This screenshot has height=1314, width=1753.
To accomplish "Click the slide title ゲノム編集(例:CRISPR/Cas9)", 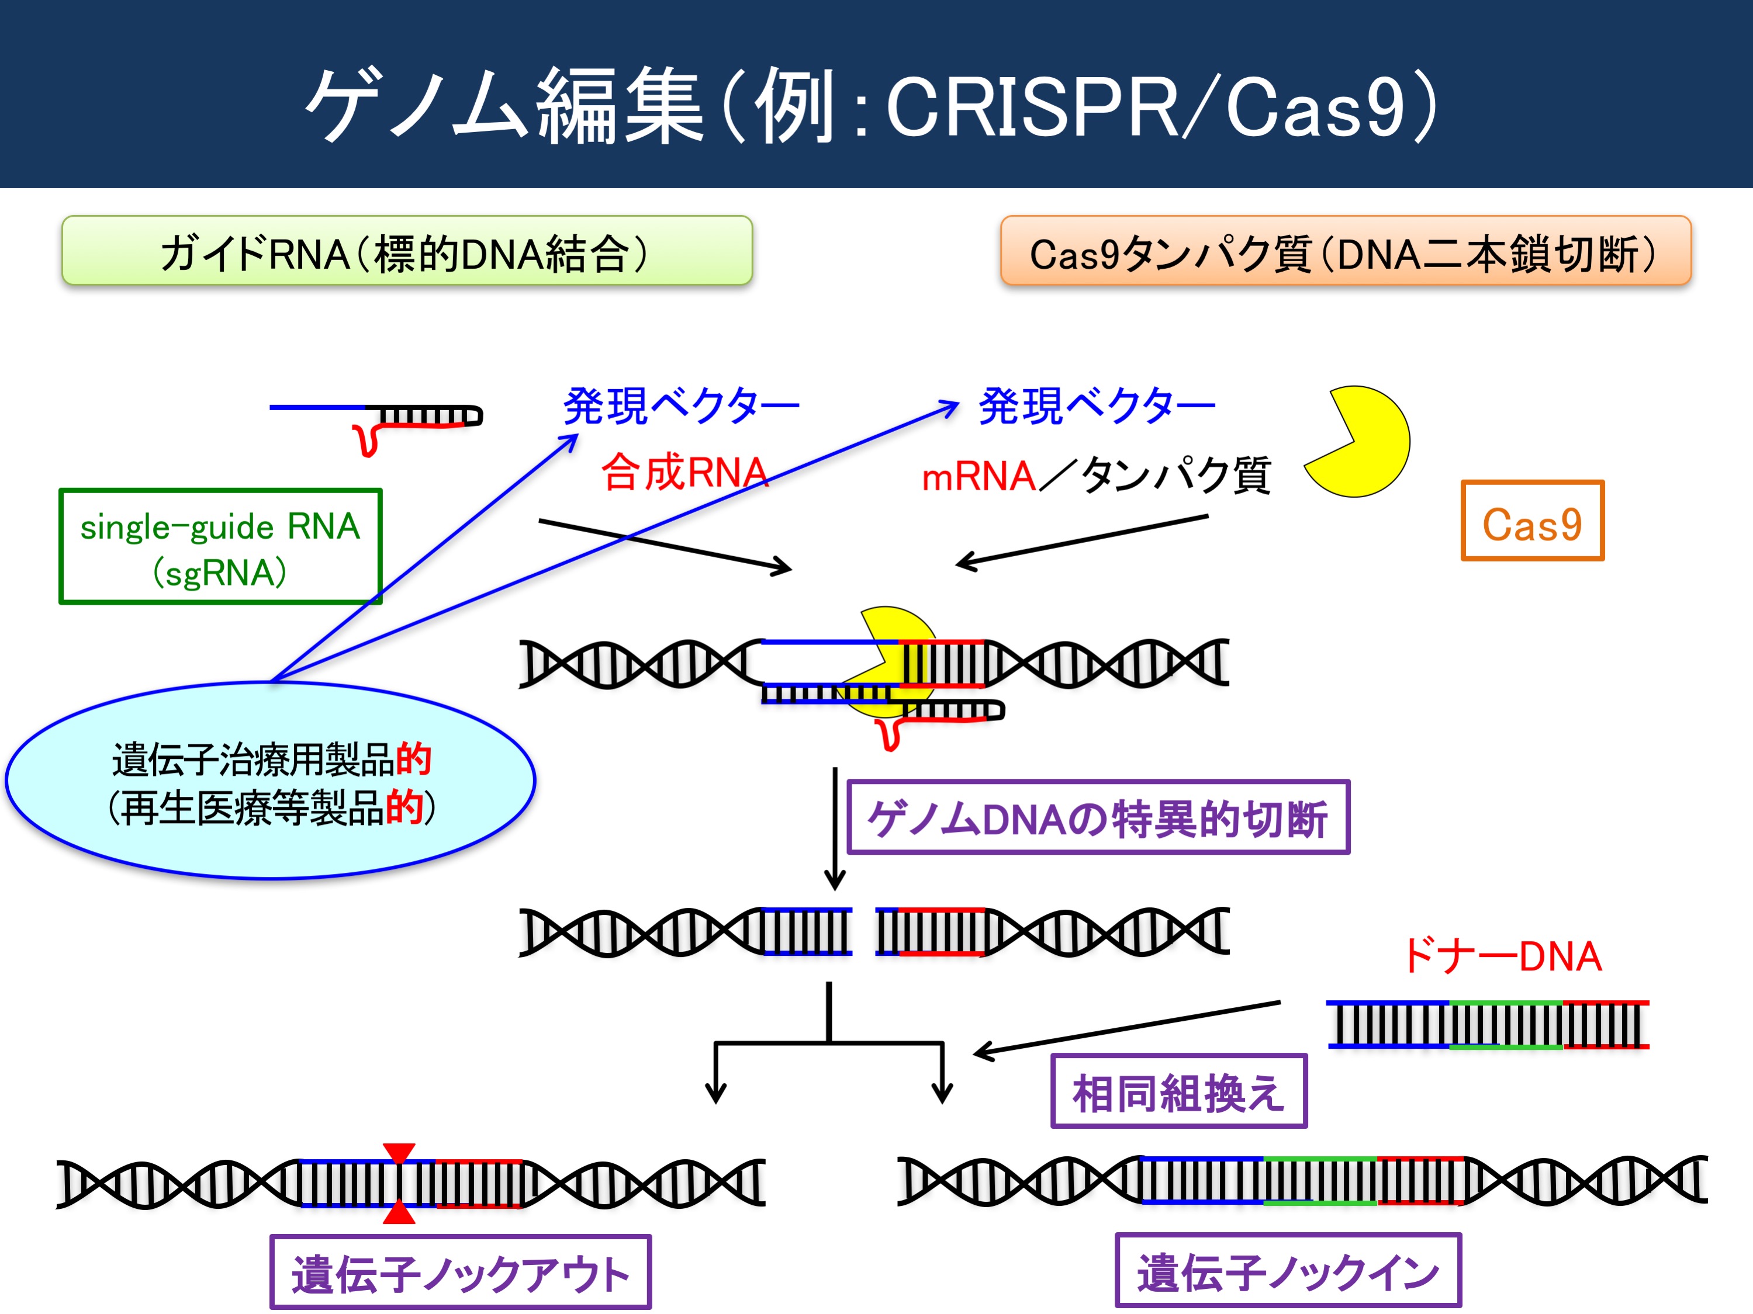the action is point(872,105).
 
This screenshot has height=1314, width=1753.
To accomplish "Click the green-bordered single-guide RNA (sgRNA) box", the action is point(220,546).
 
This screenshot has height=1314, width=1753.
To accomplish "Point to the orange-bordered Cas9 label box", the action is point(1532,521).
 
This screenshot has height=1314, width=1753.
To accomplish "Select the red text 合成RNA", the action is point(684,472).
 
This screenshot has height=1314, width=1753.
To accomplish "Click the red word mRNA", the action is point(979,477).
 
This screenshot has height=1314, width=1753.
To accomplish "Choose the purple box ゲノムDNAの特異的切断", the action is point(1098,817).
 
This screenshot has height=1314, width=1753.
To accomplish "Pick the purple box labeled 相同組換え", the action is point(1178,1091).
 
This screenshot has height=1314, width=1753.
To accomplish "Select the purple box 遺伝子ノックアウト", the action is point(461,1272).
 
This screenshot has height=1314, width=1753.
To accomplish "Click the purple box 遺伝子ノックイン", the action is point(1288,1270).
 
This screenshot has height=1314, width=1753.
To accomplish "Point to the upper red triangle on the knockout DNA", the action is point(399,1152).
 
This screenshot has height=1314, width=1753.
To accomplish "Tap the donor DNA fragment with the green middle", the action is point(1488,1024).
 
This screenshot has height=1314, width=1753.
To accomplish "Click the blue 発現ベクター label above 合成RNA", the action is point(682,406).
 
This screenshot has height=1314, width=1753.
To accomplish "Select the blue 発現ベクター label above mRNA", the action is point(1097,406).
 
